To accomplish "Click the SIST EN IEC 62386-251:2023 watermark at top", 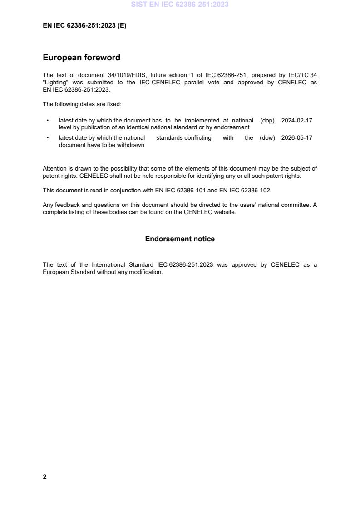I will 180,5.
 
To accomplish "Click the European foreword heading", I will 82,58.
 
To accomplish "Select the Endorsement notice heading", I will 180,239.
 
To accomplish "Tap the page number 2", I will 44,477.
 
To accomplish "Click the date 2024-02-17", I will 296,121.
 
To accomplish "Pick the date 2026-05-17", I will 296,138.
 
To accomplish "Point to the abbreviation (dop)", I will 267,121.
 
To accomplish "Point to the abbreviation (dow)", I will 267,138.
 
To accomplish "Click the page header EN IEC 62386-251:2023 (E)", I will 84,26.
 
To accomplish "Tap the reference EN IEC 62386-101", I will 181,191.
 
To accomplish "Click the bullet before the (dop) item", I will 48,121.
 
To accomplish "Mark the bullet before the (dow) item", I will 48,138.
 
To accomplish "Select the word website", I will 225,212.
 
